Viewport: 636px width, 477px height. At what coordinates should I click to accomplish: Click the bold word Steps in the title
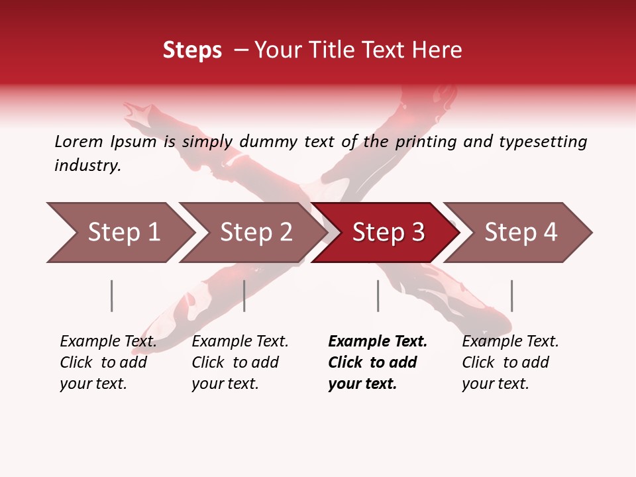click(x=192, y=50)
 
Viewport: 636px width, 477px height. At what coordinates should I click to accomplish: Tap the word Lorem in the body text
click(x=78, y=142)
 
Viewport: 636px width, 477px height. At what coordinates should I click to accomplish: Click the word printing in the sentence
click(x=423, y=142)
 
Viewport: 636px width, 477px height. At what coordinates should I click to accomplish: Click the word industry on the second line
click(x=87, y=166)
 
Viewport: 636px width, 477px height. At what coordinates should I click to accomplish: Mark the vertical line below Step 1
click(x=112, y=295)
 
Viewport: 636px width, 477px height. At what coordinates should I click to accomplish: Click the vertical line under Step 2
click(x=244, y=295)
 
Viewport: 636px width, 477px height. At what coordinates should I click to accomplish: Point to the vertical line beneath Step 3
click(x=378, y=295)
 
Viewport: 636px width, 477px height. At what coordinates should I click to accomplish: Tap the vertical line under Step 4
click(x=511, y=295)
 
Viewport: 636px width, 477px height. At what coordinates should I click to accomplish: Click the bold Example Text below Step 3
click(x=378, y=342)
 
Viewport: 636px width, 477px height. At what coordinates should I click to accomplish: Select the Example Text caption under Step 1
click(x=108, y=342)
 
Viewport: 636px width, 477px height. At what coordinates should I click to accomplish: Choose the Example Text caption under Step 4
click(x=510, y=342)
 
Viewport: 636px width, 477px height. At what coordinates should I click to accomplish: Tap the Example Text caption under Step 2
click(x=240, y=342)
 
